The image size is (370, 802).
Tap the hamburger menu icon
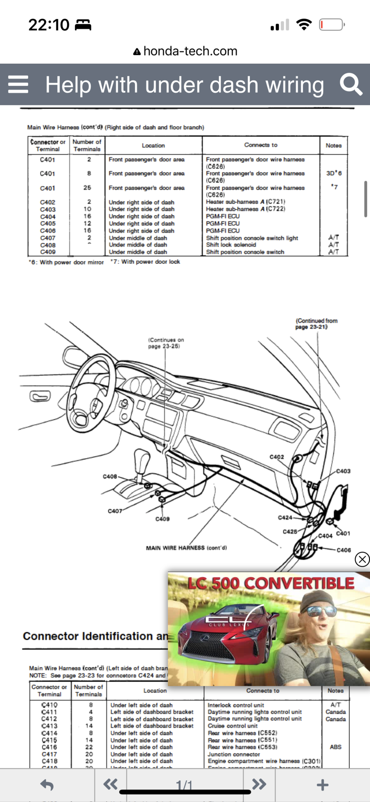[x=18, y=84]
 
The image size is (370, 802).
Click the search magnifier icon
[x=351, y=84]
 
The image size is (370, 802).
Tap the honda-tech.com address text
[x=190, y=51]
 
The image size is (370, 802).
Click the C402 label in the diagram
[x=277, y=457]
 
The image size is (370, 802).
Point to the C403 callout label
[x=343, y=471]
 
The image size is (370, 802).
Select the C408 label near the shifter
[x=110, y=477]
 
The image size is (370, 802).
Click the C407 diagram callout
[x=115, y=511]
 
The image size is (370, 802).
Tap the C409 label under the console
[x=162, y=519]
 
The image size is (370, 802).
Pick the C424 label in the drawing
[x=285, y=517]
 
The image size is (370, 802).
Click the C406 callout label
[x=344, y=550]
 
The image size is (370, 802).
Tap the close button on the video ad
[x=362, y=559]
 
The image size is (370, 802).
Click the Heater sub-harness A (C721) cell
[x=245, y=202]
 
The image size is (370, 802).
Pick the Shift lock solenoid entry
[x=231, y=245]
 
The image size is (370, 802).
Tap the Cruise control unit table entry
[x=232, y=726]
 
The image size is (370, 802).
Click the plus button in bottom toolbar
[x=322, y=785]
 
